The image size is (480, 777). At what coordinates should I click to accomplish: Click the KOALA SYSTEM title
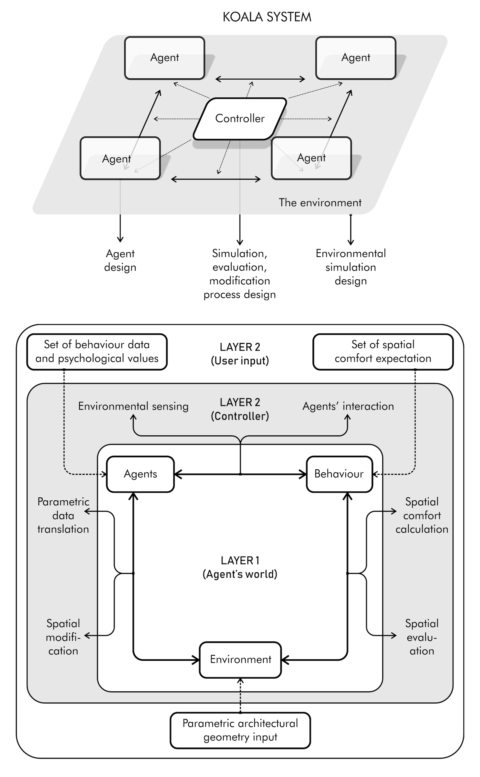pyautogui.click(x=267, y=17)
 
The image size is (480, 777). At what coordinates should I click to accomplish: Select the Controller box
pyautogui.click(x=240, y=119)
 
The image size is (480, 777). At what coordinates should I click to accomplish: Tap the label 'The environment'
pyautogui.click(x=320, y=203)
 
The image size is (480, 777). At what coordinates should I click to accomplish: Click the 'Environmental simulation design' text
pyautogui.click(x=350, y=267)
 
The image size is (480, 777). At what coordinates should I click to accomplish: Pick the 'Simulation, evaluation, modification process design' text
pyautogui.click(x=240, y=274)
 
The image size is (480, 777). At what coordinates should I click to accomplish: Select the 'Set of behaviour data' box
pyautogui.click(x=97, y=351)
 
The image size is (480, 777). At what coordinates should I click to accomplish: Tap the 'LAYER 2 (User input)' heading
pyautogui.click(x=240, y=354)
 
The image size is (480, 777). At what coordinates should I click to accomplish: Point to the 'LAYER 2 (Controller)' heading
pyautogui.click(x=240, y=409)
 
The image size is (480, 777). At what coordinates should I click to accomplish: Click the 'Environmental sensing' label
pyautogui.click(x=133, y=406)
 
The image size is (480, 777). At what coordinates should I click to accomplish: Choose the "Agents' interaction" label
pyautogui.click(x=348, y=406)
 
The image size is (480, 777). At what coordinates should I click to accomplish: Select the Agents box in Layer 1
pyautogui.click(x=140, y=474)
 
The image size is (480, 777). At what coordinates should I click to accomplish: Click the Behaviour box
pyautogui.click(x=339, y=474)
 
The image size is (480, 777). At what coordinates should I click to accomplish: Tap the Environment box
pyautogui.click(x=240, y=659)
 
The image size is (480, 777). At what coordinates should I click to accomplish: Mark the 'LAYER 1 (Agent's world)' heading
pyautogui.click(x=240, y=567)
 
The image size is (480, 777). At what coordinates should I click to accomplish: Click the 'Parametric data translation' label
pyautogui.click(x=63, y=515)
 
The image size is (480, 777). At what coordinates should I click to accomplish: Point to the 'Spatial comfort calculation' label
pyautogui.click(x=421, y=515)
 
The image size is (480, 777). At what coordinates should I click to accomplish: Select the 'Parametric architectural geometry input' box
pyautogui.click(x=240, y=730)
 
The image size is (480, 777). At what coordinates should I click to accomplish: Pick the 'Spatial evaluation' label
pyautogui.click(x=421, y=637)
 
